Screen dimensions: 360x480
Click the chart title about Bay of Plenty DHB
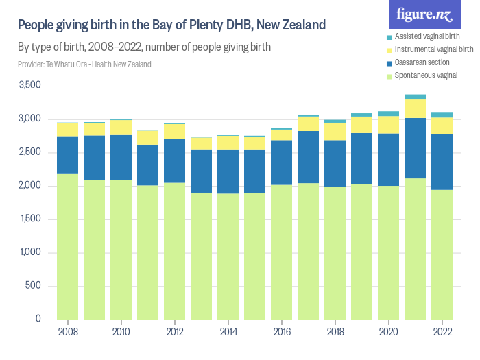pyautogui.click(x=171, y=26)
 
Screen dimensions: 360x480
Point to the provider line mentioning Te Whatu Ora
pyautogui.click(x=84, y=64)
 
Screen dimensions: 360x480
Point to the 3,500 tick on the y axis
pyautogui.click(x=31, y=86)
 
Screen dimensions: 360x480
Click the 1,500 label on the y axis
pyautogui.click(x=31, y=219)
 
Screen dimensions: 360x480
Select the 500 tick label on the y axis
pyautogui.click(x=34, y=286)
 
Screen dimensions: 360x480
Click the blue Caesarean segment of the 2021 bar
pyautogui.click(x=415, y=148)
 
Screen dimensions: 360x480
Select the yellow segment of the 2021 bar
pyautogui.click(x=415, y=108)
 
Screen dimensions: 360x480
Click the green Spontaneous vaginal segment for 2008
pyautogui.click(x=67, y=247)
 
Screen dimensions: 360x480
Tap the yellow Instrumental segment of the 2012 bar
pyautogui.click(x=174, y=131)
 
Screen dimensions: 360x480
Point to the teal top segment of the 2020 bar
pyautogui.click(x=388, y=113)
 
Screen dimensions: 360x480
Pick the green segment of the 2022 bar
pyautogui.click(x=442, y=254)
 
